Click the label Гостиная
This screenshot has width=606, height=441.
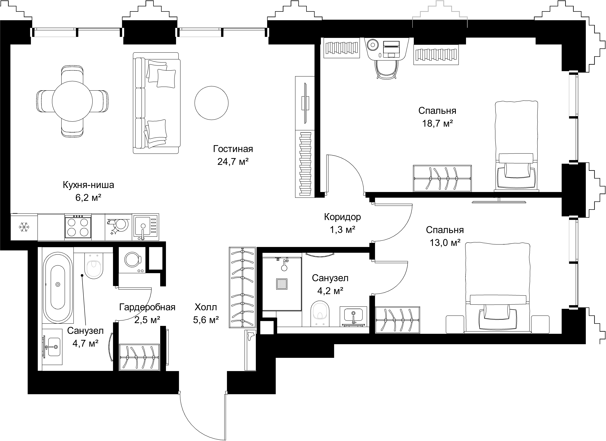[233, 149]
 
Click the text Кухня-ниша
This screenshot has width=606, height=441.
[88, 185]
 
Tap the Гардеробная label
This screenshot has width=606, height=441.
[147, 307]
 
